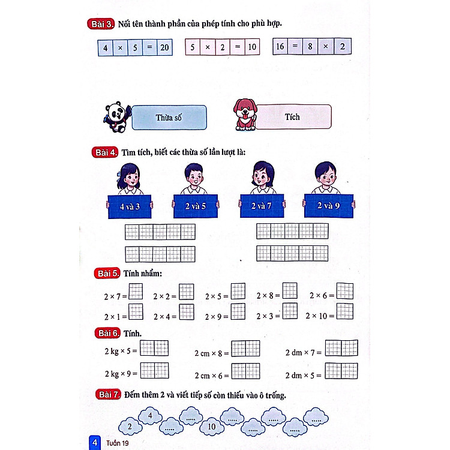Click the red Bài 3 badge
(x=101, y=24)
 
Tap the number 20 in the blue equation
(x=164, y=47)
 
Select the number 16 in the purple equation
(x=280, y=46)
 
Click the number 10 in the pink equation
(x=252, y=47)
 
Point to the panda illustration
(x=117, y=117)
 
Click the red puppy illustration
(x=245, y=115)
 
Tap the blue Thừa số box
(x=169, y=118)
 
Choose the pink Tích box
(x=293, y=117)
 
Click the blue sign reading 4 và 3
(x=130, y=206)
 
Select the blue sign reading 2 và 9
(x=329, y=205)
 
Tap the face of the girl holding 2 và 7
(x=263, y=176)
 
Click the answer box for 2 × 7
(x=136, y=292)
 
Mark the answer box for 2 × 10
(x=344, y=311)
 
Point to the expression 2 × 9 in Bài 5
(x=213, y=317)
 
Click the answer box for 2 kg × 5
(x=154, y=348)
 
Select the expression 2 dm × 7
(x=300, y=352)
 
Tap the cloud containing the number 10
(x=212, y=427)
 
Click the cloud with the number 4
(x=150, y=416)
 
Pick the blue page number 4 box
(x=95, y=443)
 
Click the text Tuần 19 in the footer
(x=118, y=443)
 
